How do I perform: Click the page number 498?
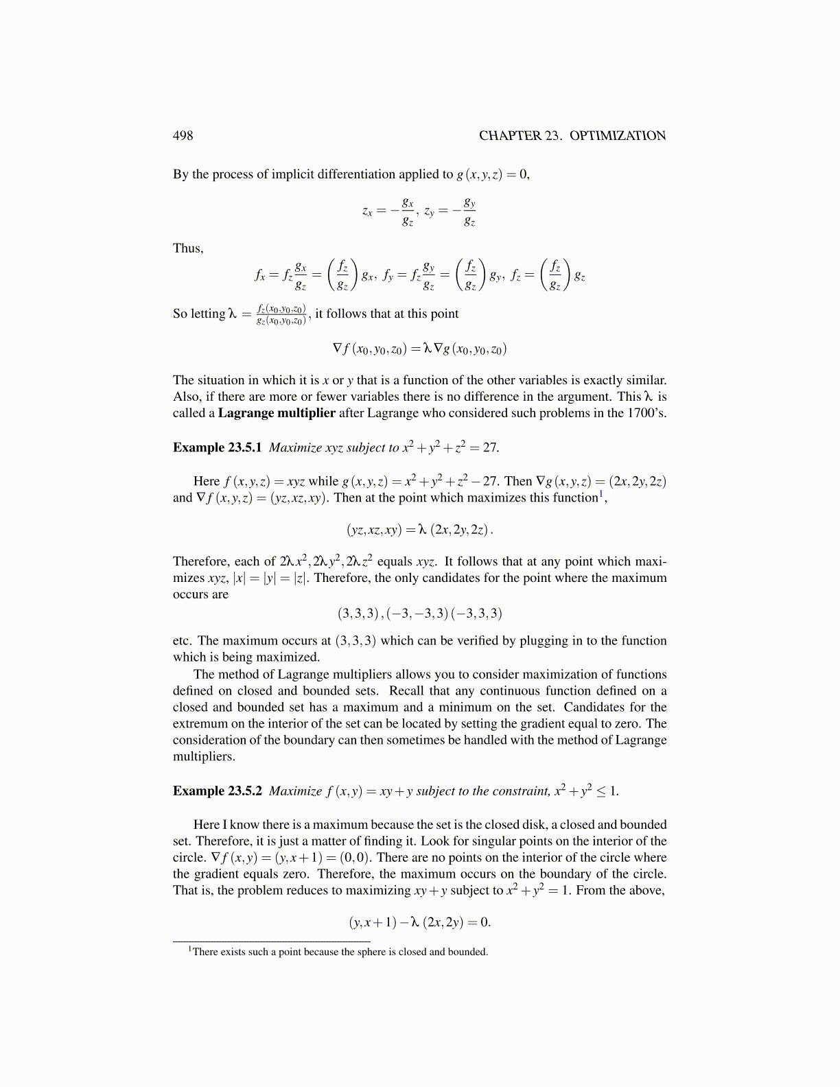coord(183,136)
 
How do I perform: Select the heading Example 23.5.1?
coord(217,447)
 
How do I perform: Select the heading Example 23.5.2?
coord(217,791)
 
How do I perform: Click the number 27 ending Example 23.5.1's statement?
coord(489,447)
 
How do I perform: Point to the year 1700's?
coord(646,413)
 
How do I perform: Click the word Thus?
coord(187,248)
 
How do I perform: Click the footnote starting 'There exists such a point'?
coord(340,952)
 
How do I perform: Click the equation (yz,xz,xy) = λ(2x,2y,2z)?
coord(419,530)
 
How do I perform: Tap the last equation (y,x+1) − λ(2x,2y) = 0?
coord(419,922)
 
